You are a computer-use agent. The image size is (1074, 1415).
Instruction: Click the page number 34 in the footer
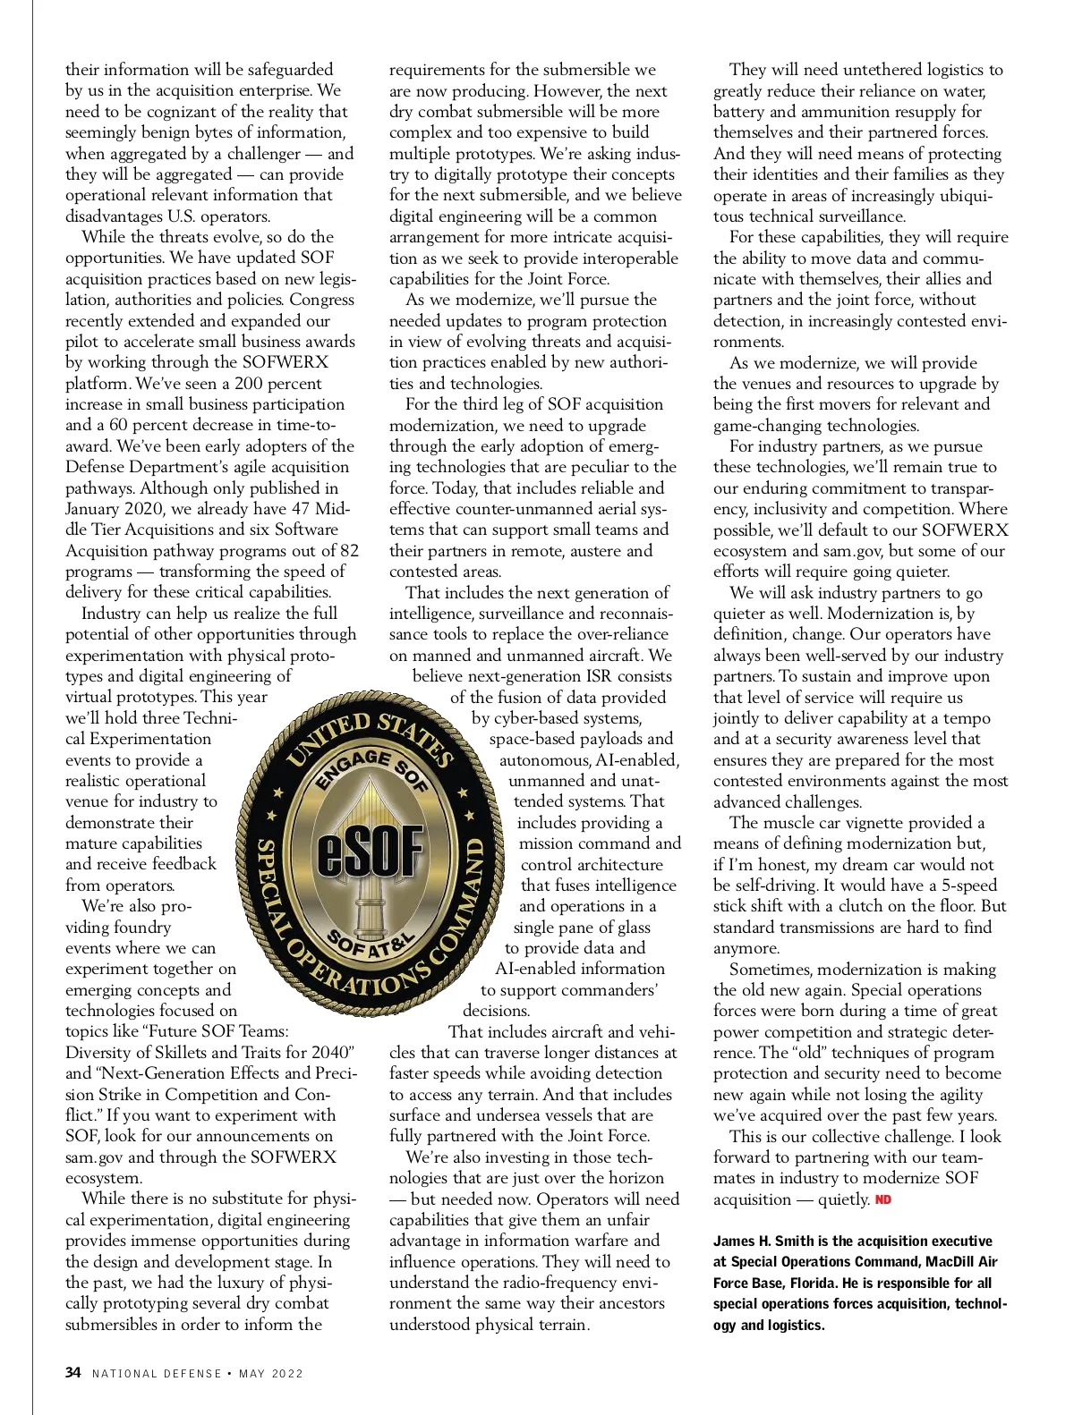[73, 1373]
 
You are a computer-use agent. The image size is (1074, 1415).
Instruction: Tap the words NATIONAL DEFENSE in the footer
[157, 1374]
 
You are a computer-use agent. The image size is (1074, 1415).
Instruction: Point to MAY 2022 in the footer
[271, 1374]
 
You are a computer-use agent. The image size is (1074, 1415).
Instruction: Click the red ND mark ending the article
[883, 1200]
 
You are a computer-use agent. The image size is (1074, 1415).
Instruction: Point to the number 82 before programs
[348, 551]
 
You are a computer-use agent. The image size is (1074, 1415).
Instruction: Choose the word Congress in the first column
[322, 301]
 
